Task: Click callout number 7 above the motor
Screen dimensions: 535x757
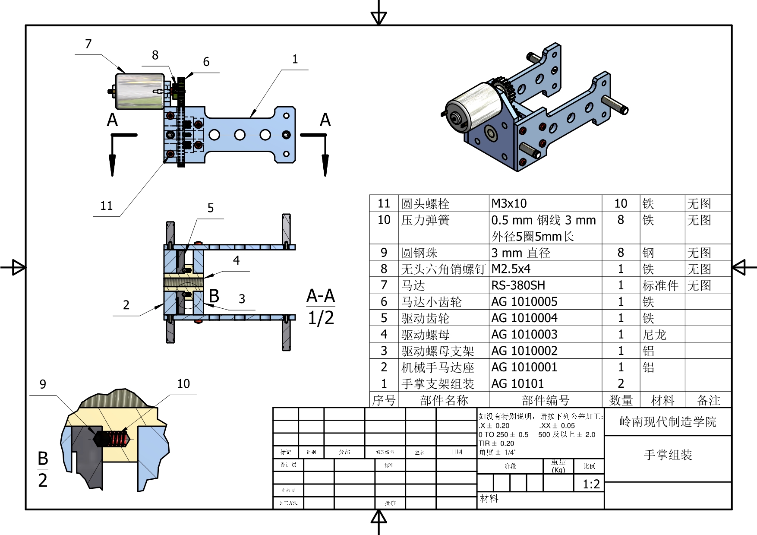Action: pos(88,44)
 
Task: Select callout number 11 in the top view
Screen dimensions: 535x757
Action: pos(106,206)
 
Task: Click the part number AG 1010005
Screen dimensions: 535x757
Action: pos(524,302)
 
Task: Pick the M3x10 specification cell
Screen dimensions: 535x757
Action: pos(509,203)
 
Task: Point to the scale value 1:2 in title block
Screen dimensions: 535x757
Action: pos(591,484)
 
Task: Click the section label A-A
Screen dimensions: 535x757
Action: pos(321,296)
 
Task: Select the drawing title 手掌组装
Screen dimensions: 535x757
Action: pos(668,455)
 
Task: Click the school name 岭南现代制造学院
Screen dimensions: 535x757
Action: pos(667,421)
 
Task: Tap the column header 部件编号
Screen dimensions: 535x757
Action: pos(545,400)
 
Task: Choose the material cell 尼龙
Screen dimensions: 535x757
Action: pos(654,335)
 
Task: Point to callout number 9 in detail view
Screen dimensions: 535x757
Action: pos(43,384)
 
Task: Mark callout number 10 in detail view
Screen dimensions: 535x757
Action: pos(183,384)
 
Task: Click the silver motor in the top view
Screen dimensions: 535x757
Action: pos(139,91)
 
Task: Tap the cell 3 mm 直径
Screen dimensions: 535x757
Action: pos(520,253)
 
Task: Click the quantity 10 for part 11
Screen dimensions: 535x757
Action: pos(621,203)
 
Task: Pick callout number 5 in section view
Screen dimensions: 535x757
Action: pos(211,208)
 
